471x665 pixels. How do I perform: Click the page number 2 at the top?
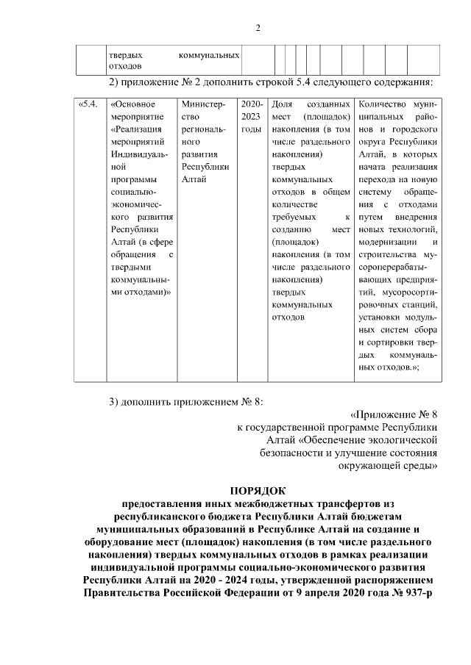point(258,29)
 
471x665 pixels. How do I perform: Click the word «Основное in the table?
point(132,104)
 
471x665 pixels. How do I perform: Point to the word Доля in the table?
point(282,104)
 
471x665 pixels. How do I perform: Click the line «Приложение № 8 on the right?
point(394,413)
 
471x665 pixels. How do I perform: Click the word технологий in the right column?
point(414,229)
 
